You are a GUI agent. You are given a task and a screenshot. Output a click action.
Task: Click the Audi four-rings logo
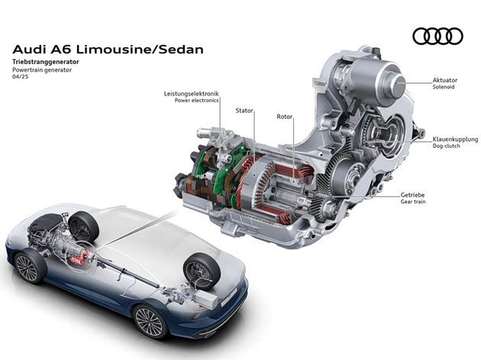click(x=437, y=36)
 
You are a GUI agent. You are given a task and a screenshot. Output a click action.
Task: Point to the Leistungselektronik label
click(x=190, y=94)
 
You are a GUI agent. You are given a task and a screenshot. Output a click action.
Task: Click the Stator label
click(x=244, y=111)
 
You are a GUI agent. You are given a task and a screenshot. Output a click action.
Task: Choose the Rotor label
click(x=286, y=117)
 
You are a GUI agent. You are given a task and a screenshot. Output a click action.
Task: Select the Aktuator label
click(x=445, y=80)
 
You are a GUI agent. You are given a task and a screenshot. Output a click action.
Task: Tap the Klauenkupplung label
click(x=455, y=140)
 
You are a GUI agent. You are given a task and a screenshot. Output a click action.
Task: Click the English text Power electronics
click(x=196, y=101)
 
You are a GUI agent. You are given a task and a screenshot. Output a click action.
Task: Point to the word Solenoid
click(x=444, y=88)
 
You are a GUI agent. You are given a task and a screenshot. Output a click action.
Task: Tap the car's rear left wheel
click(x=151, y=321)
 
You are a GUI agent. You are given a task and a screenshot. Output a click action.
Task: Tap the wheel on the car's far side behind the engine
click(x=83, y=227)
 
